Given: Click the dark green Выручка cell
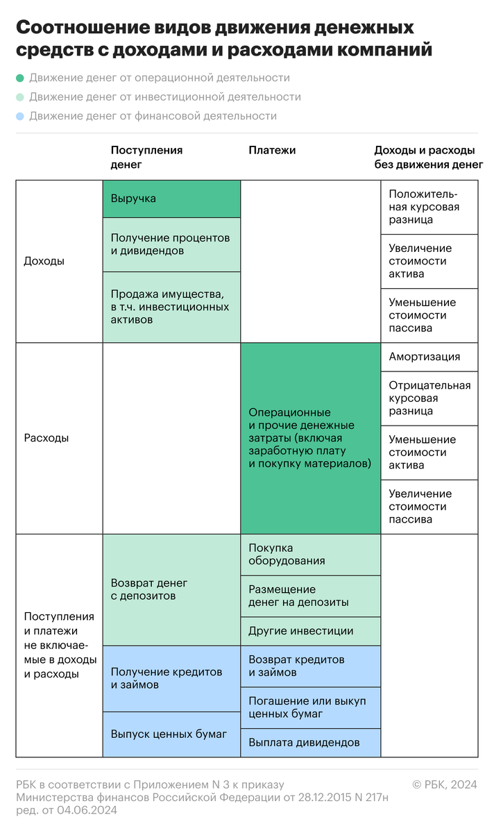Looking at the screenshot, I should (x=171, y=199).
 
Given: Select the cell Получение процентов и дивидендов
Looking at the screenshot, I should (x=171, y=244).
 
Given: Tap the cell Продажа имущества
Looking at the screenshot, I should (x=171, y=307).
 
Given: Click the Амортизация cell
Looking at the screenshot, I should (x=429, y=357).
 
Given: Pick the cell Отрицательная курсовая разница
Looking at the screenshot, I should (x=429, y=398).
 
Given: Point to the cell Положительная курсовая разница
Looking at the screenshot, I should (x=429, y=207).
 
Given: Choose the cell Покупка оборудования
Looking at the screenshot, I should (x=310, y=554).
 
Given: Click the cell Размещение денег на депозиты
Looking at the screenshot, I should (x=310, y=596).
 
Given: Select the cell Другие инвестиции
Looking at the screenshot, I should (x=310, y=631).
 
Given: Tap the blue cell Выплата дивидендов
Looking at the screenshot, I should (x=310, y=743).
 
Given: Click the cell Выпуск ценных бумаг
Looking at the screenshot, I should (x=171, y=734).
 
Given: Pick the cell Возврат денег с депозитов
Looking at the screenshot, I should (x=171, y=589).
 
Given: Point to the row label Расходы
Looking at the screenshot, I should (x=46, y=438).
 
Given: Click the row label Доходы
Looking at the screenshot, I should (x=44, y=262).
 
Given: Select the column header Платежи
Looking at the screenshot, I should (x=272, y=150).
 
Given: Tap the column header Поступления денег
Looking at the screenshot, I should (x=146, y=158).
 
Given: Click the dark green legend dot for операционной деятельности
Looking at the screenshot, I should (x=20, y=78).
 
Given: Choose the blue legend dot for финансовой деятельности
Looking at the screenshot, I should (x=20, y=117).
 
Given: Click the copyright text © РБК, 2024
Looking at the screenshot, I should (x=445, y=784).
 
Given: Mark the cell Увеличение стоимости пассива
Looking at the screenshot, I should (x=429, y=506).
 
